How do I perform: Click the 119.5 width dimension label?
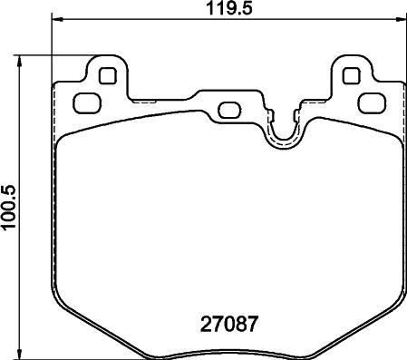point(228,8)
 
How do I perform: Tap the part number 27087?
point(229,324)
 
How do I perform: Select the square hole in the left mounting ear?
point(108,75)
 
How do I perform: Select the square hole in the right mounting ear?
point(352,75)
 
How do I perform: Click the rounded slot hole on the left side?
point(87,103)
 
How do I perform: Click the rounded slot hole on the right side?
point(373,103)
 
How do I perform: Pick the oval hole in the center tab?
point(229,111)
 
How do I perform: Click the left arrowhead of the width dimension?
point(57,19)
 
